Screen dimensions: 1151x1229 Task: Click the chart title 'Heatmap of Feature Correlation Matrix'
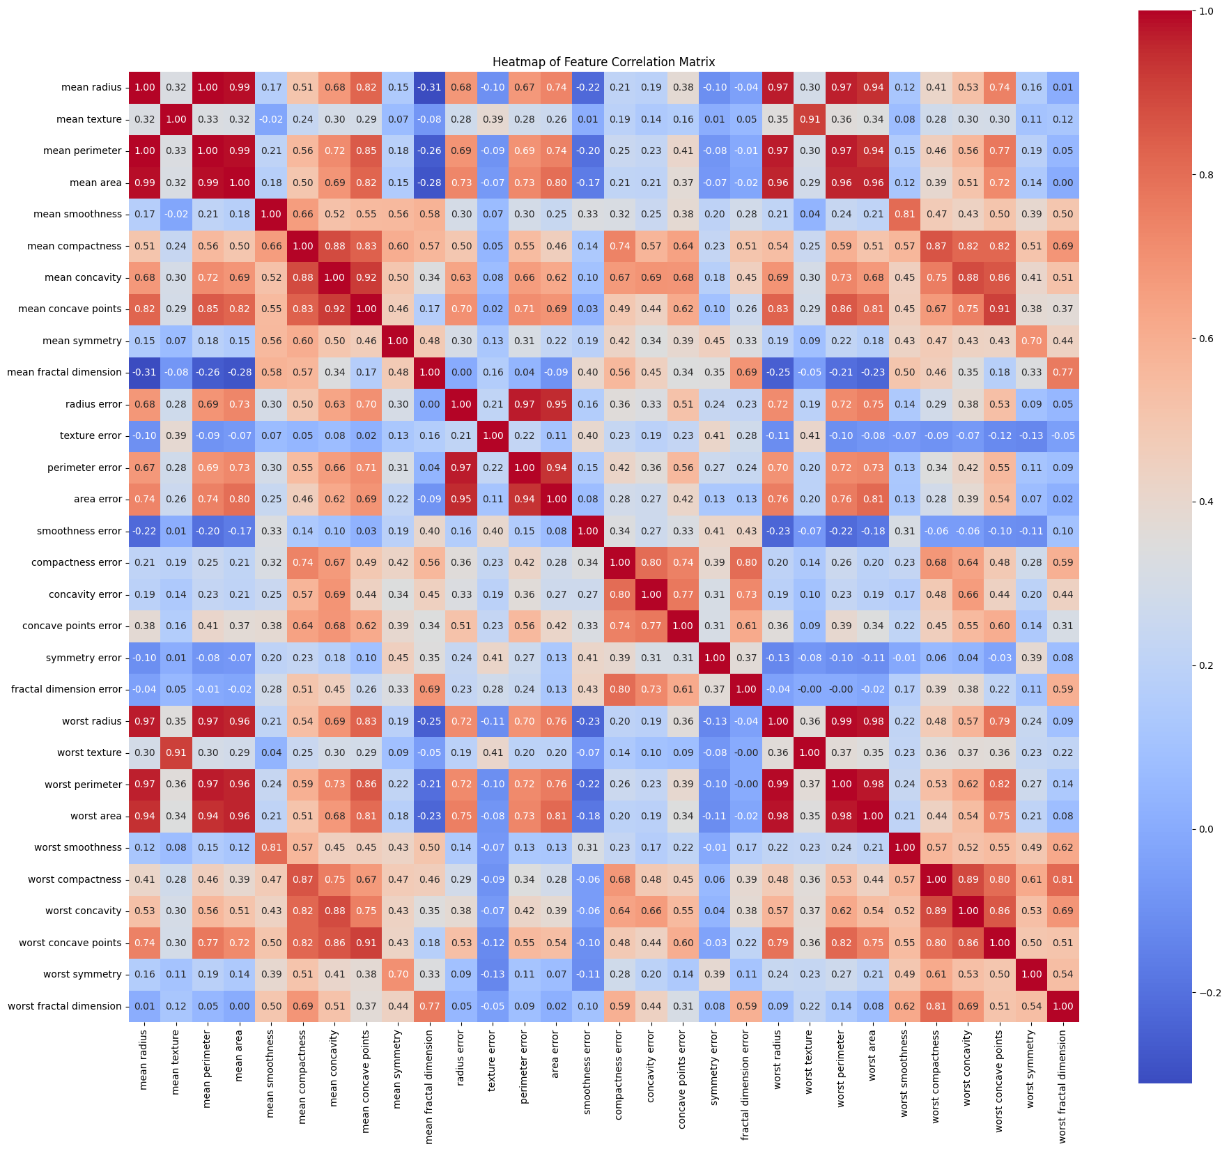click(x=603, y=62)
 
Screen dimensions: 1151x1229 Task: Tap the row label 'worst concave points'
click(x=70, y=943)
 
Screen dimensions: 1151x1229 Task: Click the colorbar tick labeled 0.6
click(x=1206, y=339)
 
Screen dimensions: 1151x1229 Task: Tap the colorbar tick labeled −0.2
click(x=1209, y=993)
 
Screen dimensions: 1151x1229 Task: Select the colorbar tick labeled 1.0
click(x=1206, y=11)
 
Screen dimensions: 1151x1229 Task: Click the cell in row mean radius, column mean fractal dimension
click(x=430, y=87)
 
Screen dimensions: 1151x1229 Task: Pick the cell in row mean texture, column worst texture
click(x=810, y=119)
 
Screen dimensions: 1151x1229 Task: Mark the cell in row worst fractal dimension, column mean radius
click(x=145, y=1006)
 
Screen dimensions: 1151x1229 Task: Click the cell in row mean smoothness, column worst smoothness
click(x=904, y=214)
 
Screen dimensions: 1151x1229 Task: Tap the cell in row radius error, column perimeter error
click(x=525, y=404)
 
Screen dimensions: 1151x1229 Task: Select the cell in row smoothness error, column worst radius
click(x=778, y=531)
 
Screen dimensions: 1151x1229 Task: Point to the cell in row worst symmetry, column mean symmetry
click(x=398, y=974)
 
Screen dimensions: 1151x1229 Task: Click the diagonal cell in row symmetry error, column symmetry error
click(x=715, y=658)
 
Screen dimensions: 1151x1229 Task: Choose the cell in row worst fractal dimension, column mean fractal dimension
click(x=430, y=1006)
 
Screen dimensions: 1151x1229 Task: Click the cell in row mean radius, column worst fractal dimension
click(x=1063, y=87)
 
